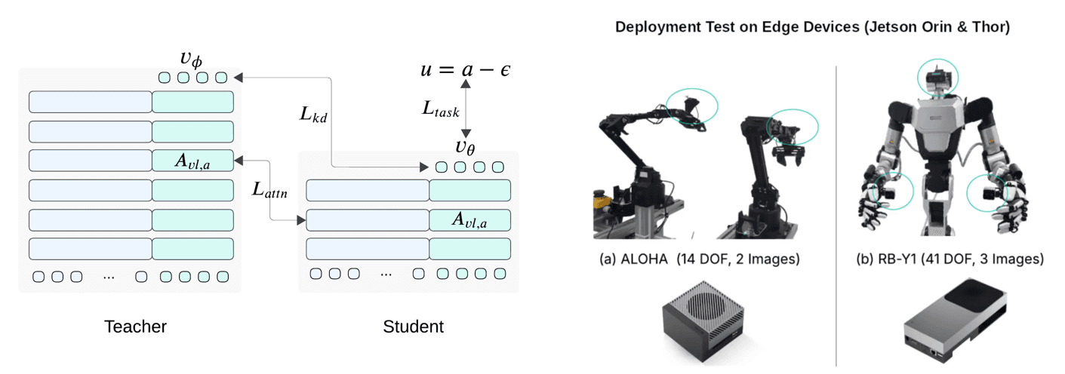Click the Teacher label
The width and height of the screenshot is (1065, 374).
(135, 326)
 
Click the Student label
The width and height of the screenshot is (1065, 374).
(413, 326)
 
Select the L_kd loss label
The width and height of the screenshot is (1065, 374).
(312, 115)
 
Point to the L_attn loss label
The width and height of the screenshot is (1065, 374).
(269, 191)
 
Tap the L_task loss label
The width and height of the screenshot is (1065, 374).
(440, 109)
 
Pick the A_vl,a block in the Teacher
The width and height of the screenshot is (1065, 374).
(192, 160)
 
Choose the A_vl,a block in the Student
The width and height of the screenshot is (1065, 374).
(469, 219)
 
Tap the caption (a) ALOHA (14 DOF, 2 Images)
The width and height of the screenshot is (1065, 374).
(700, 259)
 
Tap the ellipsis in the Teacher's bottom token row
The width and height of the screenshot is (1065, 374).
(109, 277)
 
